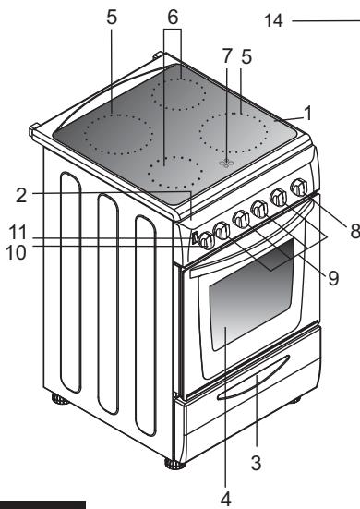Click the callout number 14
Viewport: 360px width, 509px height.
pos(274,20)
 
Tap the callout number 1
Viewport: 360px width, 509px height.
pos(307,113)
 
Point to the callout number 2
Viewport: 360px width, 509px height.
pos(21,196)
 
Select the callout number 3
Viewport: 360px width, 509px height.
pos(256,463)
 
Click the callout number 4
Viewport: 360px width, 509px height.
pos(226,499)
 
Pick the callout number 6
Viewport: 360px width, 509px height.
pos(173,17)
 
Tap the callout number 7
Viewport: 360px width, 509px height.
pos(227,55)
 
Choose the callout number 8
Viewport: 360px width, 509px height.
pos(354,232)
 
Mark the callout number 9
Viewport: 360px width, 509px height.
pos(333,278)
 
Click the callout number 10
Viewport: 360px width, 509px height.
pos(16,252)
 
